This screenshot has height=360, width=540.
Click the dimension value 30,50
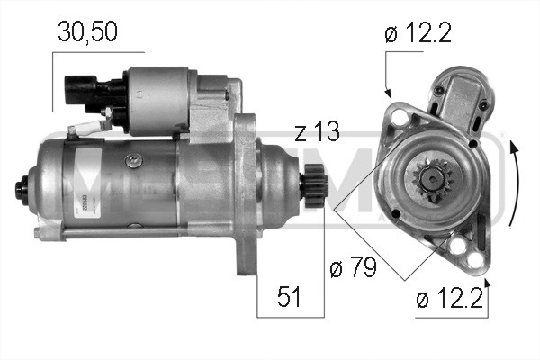pyautogui.click(x=87, y=33)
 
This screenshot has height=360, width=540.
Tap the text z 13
pyautogui.click(x=317, y=134)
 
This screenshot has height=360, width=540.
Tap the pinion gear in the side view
pyautogui.click(x=315, y=190)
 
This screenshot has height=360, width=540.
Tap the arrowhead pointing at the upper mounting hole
pyautogui.click(x=388, y=93)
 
